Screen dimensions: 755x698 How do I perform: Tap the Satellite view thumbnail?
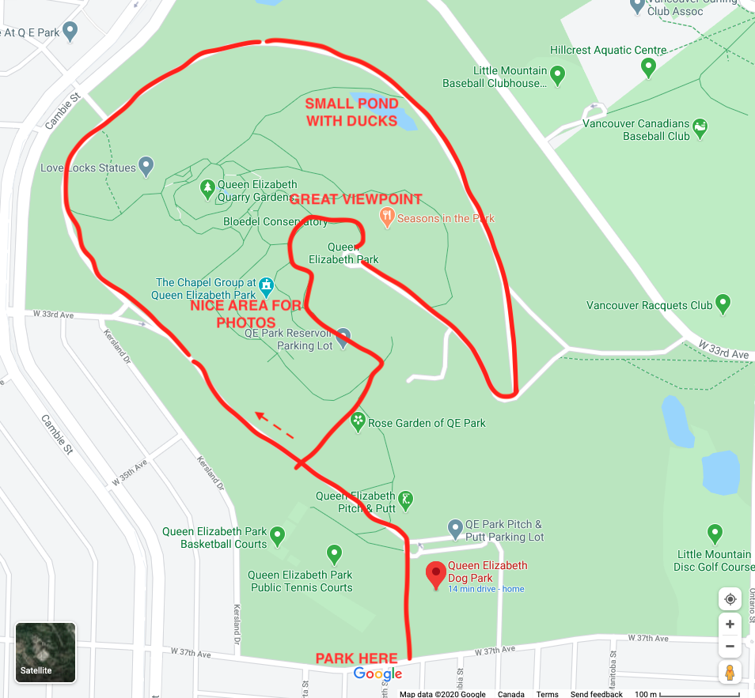click(x=46, y=652)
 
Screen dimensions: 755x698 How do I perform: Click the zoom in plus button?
click(x=730, y=624)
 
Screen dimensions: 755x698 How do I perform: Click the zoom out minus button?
click(x=730, y=646)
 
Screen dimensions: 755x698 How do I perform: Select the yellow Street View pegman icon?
click(x=730, y=673)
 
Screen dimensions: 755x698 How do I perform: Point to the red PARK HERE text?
click(x=357, y=658)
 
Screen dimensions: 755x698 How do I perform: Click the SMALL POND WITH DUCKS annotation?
click(x=351, y=112)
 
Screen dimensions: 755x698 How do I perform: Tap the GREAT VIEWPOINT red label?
click(x=355, y=200)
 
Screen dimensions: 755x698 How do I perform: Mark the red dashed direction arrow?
click(x=274, y=424)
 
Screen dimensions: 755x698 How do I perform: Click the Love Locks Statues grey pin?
click(x=146, y=166)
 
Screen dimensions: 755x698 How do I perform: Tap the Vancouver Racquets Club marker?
click(x=723, y=304)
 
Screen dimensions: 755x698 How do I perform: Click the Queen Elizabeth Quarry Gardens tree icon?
click(x=207, y=188)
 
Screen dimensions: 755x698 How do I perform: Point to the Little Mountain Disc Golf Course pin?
click(x=715, y=533)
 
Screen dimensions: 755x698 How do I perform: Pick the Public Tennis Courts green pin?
click(x=334, y=553)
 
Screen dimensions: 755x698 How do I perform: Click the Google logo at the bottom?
click(x=377, y=673)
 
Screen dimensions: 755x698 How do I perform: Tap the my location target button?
click(x=730, y=598)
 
